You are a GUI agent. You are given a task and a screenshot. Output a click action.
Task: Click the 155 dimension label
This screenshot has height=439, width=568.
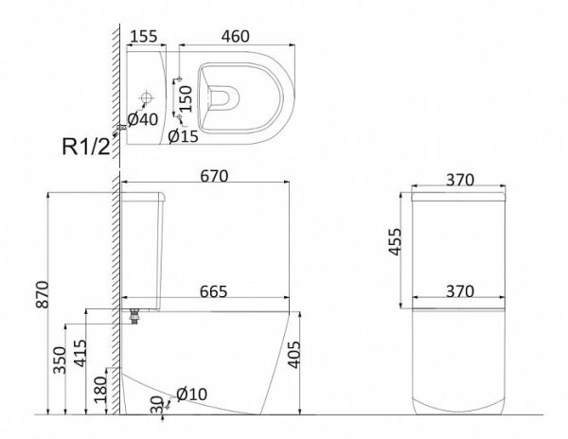pos(144,36)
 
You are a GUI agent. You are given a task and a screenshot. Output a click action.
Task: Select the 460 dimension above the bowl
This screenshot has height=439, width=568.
pos(236,36)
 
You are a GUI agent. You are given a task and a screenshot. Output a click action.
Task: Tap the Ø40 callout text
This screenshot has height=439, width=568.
pos(143,119)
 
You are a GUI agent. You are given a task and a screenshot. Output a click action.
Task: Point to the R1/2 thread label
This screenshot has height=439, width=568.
pos(86,147)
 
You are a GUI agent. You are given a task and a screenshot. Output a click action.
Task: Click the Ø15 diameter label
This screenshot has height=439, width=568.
pos(184,136)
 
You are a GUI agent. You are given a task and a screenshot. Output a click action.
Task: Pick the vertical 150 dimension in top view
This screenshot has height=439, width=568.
pos(186,98)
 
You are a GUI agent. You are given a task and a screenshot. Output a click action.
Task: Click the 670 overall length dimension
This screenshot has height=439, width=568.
pos(214,176)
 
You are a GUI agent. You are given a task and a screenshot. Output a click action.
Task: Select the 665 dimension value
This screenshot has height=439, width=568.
pos(214,291)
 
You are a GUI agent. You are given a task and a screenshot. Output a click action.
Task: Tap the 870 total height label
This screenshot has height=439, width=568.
pos(43,294)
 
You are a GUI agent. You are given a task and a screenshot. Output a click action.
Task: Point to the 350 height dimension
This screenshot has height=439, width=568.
pos(61,360)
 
